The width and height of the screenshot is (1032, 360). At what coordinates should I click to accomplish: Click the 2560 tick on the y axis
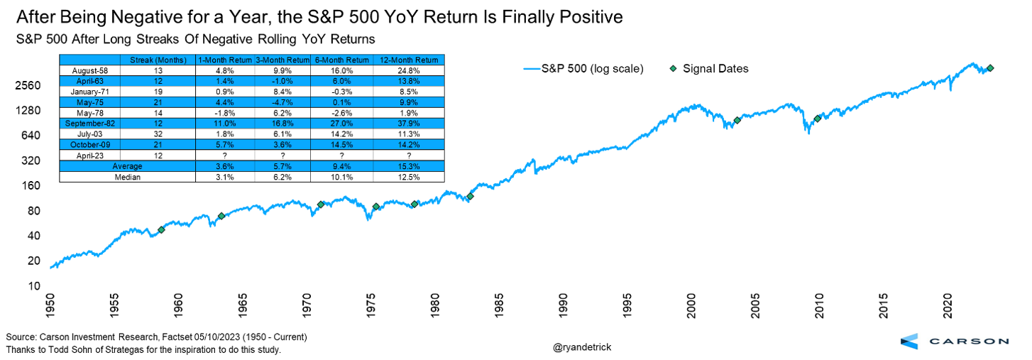(x=29, y=86)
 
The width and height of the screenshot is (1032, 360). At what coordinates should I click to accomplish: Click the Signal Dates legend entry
(x=714, y=69)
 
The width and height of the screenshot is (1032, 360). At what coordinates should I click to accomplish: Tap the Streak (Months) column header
(x=158, y=60)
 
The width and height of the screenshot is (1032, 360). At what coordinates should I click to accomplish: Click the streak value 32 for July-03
(x=158, y=133)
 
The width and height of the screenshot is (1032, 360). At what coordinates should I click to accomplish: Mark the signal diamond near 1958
(x=161, y=229)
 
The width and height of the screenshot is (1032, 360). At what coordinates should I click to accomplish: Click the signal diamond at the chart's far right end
(x=990, y=67)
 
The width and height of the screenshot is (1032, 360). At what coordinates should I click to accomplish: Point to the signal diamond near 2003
(x=737, y=120)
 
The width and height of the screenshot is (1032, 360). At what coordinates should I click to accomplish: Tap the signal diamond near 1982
(x=470, y=196)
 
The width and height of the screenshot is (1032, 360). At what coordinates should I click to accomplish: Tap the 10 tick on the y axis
(x=33, y=286)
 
